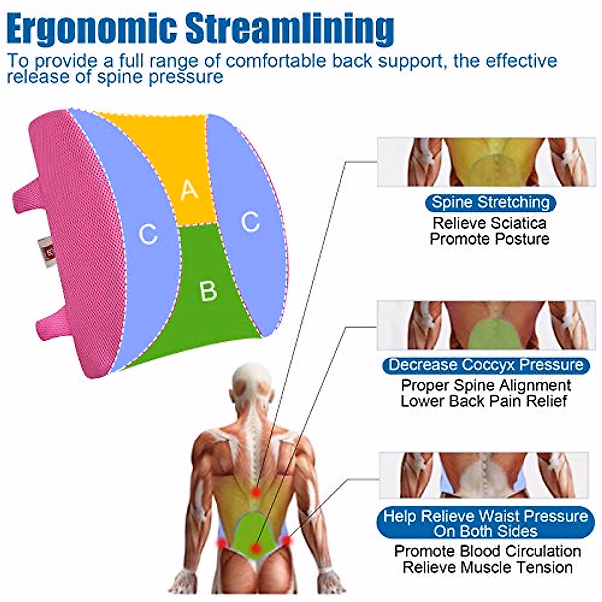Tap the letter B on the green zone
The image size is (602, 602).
coord(208,290)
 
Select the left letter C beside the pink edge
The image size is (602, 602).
coord(148,234)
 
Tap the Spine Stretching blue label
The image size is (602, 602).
coord(490,203)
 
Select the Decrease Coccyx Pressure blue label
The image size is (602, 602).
coord(486,365)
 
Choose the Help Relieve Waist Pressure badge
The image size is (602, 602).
coord(486,523)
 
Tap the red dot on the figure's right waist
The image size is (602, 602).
coord(286,541)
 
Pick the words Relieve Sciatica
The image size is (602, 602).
coord(489,223)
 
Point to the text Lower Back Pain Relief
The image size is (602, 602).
coord(484,401)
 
